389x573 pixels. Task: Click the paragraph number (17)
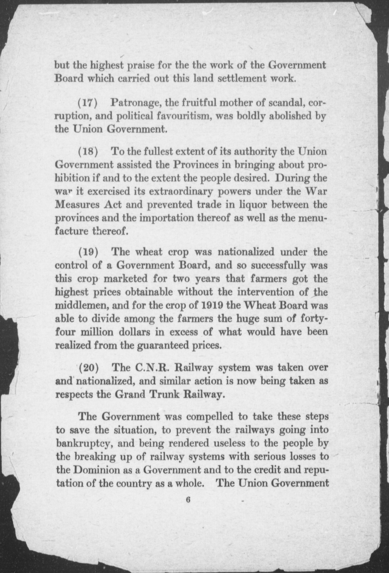coord(88,103)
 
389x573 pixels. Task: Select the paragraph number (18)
coord(88,151)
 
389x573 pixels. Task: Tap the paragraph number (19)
coord(88,252)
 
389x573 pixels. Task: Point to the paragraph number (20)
coord(88,368)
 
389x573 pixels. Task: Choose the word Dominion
coord(92,470)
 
